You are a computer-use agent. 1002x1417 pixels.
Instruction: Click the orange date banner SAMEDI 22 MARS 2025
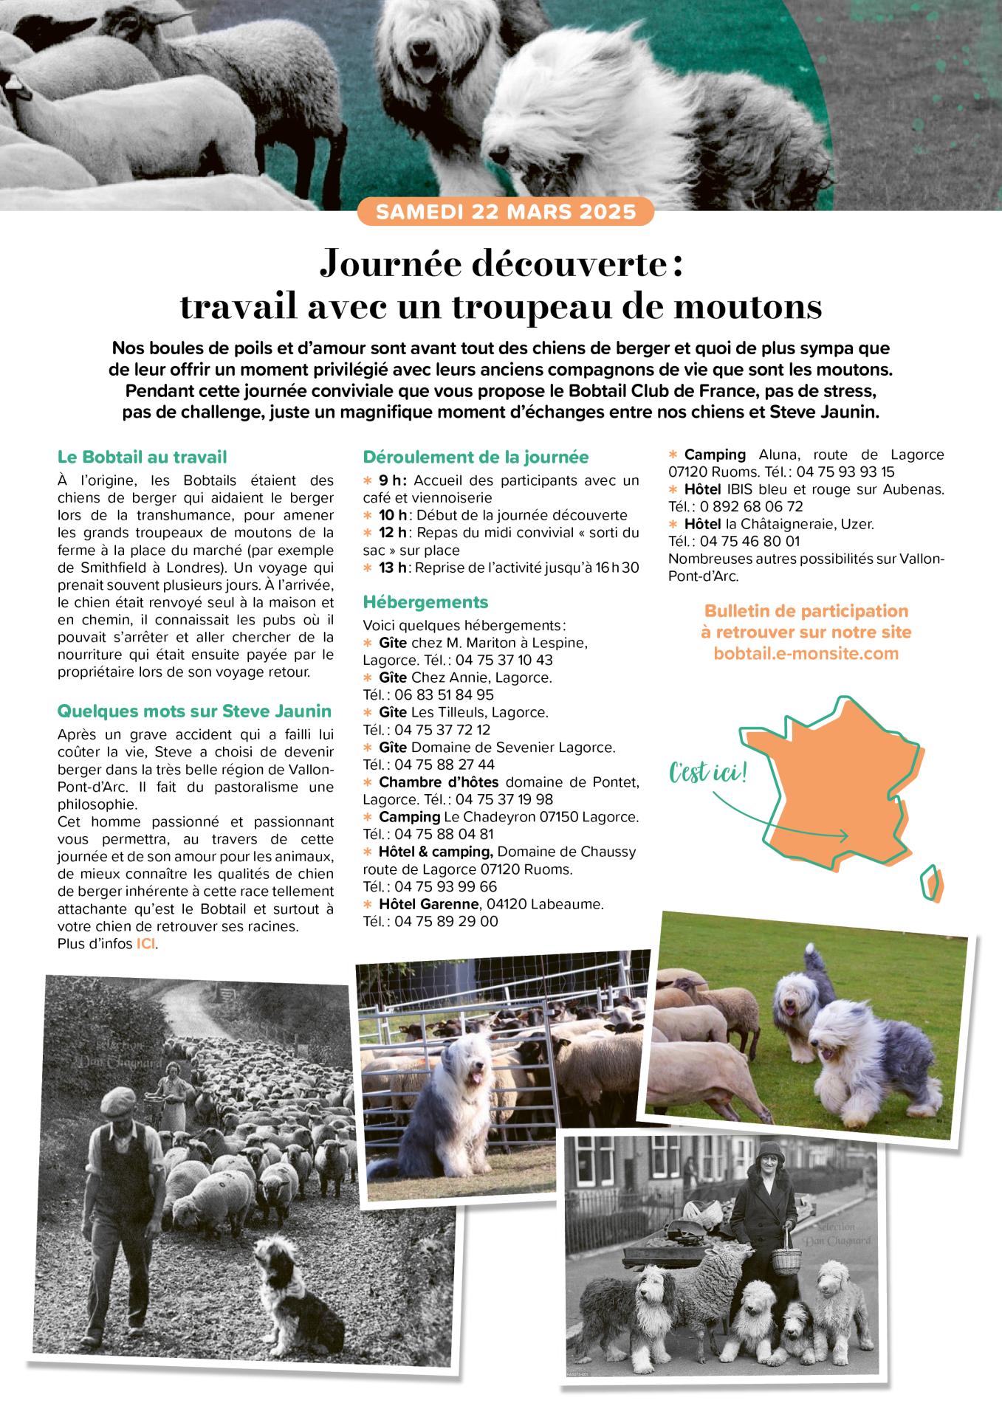coord(506,213)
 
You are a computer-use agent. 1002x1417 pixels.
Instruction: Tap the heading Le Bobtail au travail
coord(142,457)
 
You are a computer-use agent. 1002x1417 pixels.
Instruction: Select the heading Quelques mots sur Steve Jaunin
coord(194,711)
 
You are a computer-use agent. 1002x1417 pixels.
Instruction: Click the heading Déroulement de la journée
coord(476,457)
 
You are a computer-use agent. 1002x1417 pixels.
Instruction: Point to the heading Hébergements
coord(425,602)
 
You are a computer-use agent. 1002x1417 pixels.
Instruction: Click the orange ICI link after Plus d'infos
coord(145,944)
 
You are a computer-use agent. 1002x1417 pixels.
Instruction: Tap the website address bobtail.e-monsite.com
coord(806,653)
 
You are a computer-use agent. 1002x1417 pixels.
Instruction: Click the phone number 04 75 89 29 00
coord(446,921)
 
